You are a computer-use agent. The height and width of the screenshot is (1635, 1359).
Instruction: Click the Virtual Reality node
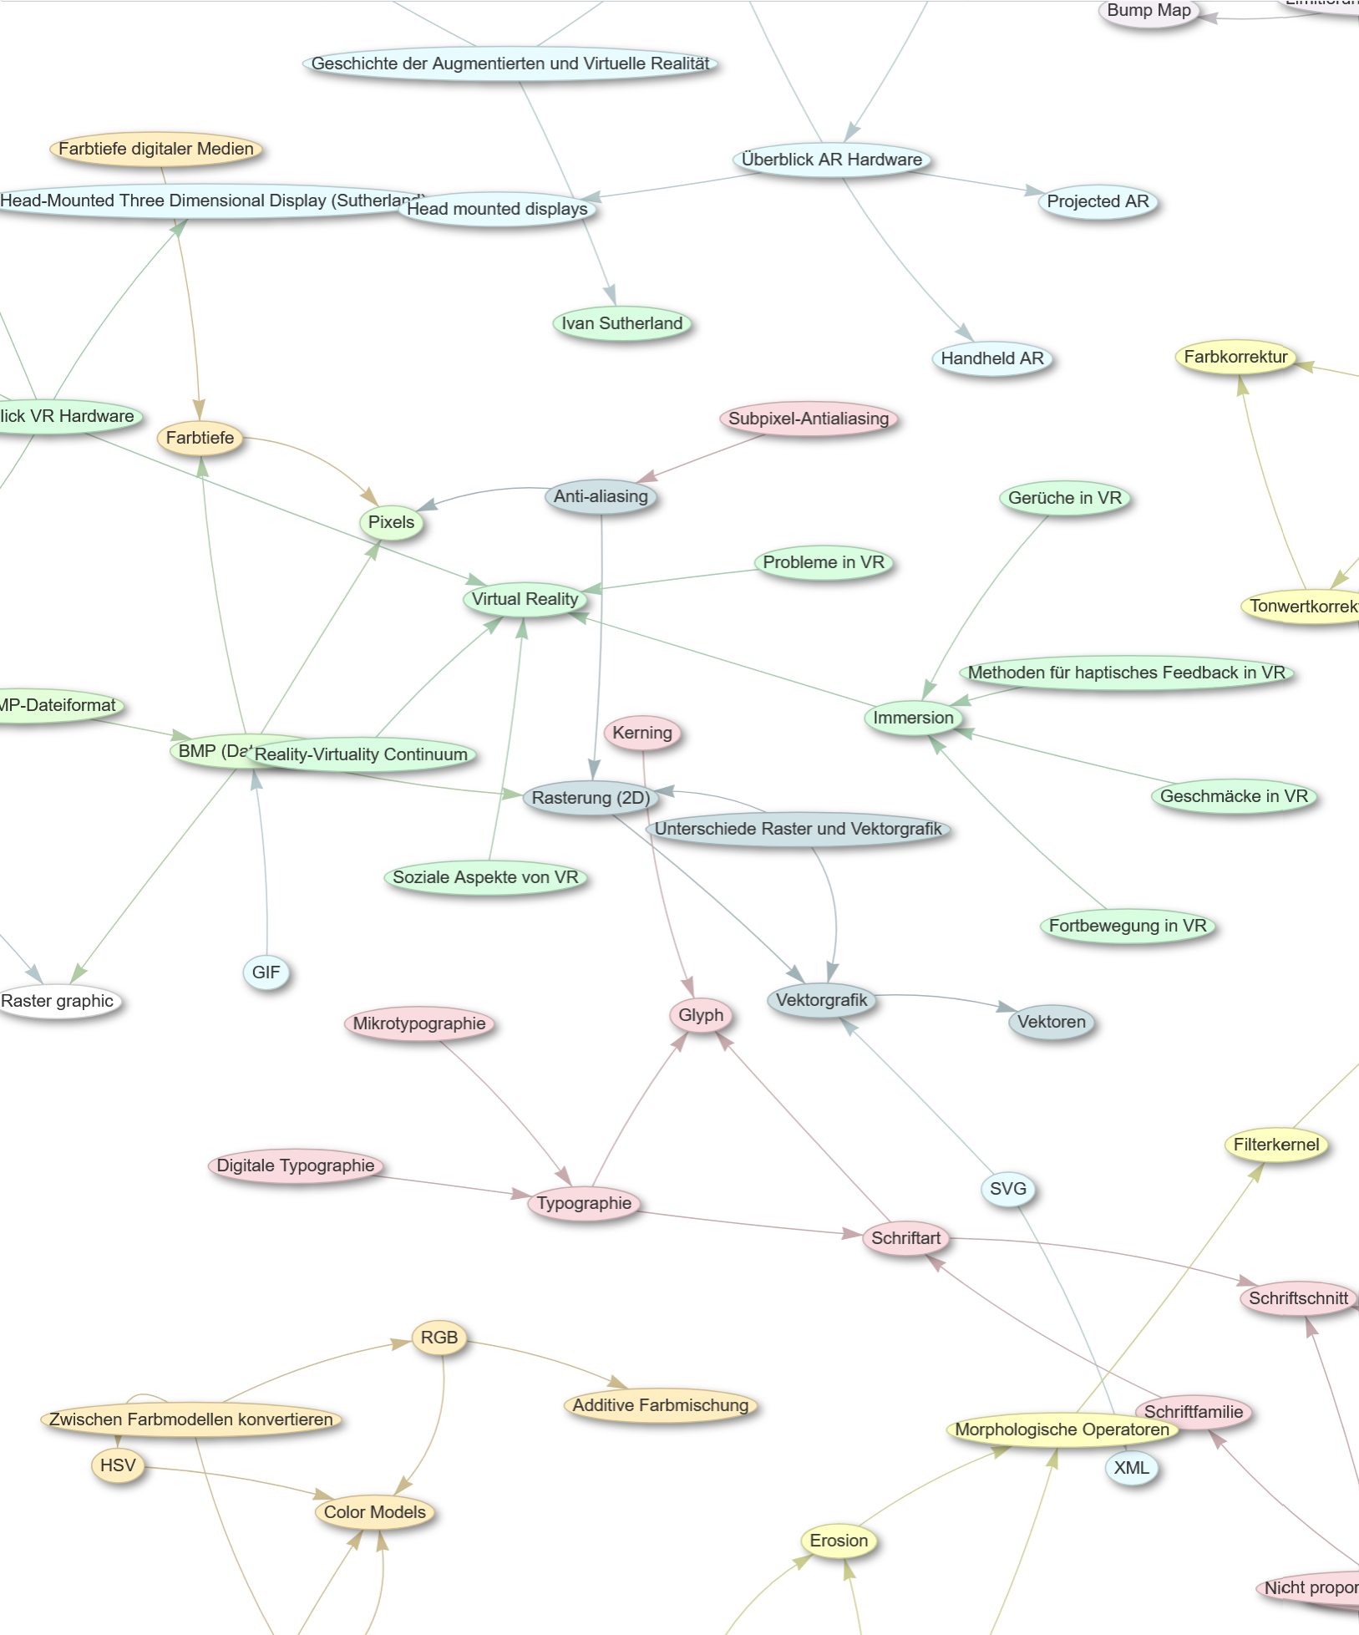525,599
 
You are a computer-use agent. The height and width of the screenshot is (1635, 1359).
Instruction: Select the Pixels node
391,522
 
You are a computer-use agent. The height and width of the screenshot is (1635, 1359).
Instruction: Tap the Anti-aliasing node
601,496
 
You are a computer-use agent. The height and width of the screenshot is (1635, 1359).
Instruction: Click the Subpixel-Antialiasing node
808,419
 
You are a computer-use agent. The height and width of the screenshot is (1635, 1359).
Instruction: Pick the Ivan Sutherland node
621,323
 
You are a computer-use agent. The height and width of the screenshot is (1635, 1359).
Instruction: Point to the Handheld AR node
991,358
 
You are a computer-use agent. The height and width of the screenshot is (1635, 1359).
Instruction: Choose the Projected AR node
1098,201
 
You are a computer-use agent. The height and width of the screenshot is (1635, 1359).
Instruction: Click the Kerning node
641,733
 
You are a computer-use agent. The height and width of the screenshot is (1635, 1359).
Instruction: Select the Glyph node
700,1015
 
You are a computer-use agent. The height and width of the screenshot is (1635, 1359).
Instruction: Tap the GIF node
266,972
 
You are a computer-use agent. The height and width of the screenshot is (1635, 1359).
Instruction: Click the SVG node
1007,1189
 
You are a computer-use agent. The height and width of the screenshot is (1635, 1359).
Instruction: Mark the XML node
1131,1468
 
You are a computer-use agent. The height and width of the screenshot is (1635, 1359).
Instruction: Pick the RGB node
439,1338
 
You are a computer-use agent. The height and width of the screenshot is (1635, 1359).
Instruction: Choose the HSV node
118,1465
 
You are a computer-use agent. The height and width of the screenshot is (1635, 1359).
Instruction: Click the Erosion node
839,1541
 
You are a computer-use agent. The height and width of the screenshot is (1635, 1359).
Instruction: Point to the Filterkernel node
1275,1145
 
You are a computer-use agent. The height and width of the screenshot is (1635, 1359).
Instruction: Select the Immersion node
913,718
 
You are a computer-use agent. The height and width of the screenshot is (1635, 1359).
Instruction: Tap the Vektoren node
1051,1022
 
